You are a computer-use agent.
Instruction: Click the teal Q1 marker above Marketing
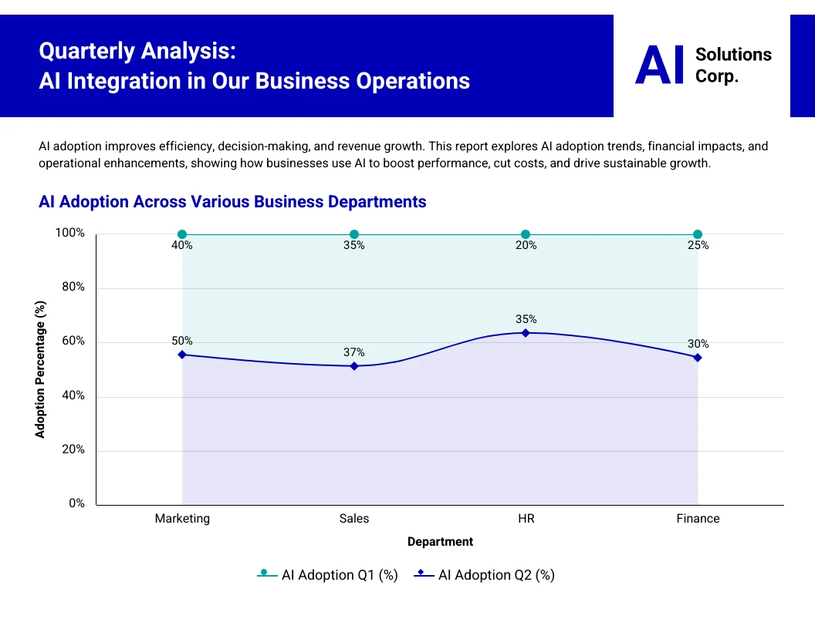(182, 234)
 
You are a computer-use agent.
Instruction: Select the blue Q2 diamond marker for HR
(526, 333)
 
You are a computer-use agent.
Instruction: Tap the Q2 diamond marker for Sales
(354, 366)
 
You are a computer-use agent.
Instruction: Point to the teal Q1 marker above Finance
(698, 234)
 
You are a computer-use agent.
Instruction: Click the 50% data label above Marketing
(182, 341)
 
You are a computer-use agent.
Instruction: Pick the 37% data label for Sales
(354, 352)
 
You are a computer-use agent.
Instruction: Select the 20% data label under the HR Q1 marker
(526, 245)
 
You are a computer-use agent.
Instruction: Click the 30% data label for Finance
(698, 344)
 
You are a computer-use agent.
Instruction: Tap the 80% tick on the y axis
(72, 288)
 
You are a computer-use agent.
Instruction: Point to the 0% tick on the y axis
(76, 503)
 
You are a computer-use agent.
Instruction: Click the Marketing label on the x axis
(182, 519)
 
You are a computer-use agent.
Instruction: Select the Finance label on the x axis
(698, 519)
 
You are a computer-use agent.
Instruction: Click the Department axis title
(440, 542)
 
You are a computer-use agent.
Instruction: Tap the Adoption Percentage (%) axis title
(41, 369)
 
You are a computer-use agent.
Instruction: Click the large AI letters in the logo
(659, 66)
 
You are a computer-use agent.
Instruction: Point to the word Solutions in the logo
(733, 55)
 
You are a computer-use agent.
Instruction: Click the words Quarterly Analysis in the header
(137, 52)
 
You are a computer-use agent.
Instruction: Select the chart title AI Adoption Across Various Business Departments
(232, 202)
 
